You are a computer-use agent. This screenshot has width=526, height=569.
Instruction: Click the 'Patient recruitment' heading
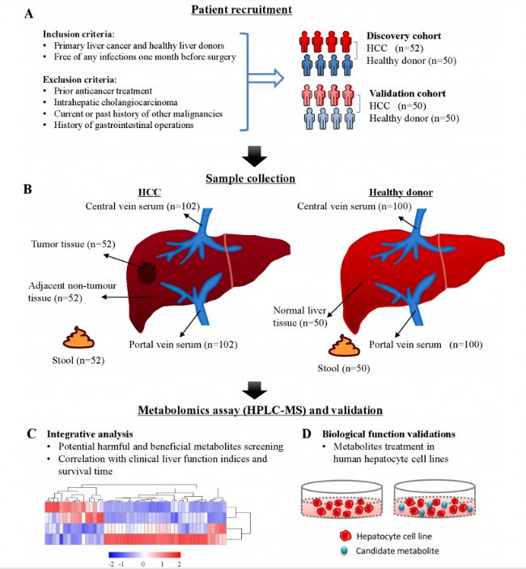[242, 10]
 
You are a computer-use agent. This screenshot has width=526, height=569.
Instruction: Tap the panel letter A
[28, 14]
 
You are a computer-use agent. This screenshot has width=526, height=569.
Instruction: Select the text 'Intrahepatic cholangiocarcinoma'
[116, 102]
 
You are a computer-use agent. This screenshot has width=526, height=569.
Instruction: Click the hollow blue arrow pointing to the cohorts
[265, 78]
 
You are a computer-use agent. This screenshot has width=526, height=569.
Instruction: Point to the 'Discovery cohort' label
[404, 36]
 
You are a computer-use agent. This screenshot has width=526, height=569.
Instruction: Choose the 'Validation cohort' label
[407, 94]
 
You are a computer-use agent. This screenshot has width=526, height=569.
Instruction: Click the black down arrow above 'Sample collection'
[255, 156]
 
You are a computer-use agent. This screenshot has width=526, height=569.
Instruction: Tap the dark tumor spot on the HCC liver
[146, 272]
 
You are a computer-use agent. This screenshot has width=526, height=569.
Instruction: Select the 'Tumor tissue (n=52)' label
[73, 244]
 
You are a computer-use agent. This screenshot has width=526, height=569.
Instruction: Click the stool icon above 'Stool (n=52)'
[78, 337]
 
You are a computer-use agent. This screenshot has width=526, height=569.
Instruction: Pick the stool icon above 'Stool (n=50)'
[344, 345]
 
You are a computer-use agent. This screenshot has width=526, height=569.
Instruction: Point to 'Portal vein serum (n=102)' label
[184, 344]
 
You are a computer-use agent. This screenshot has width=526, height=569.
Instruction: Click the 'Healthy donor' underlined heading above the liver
[401, 192]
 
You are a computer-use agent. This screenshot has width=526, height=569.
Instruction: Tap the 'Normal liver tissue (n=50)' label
[300, 316]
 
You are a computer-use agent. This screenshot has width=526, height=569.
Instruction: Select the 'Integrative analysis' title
[90, 434]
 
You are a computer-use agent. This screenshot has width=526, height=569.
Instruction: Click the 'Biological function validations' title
[388, 434]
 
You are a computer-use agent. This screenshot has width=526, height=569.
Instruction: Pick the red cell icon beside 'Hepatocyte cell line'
[346, 536]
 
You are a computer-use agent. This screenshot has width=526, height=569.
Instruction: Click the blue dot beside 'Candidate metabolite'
[344, 551]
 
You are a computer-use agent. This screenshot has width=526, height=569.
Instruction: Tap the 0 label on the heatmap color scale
[142, 563]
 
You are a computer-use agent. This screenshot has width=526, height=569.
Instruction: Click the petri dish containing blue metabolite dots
[435, 499]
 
